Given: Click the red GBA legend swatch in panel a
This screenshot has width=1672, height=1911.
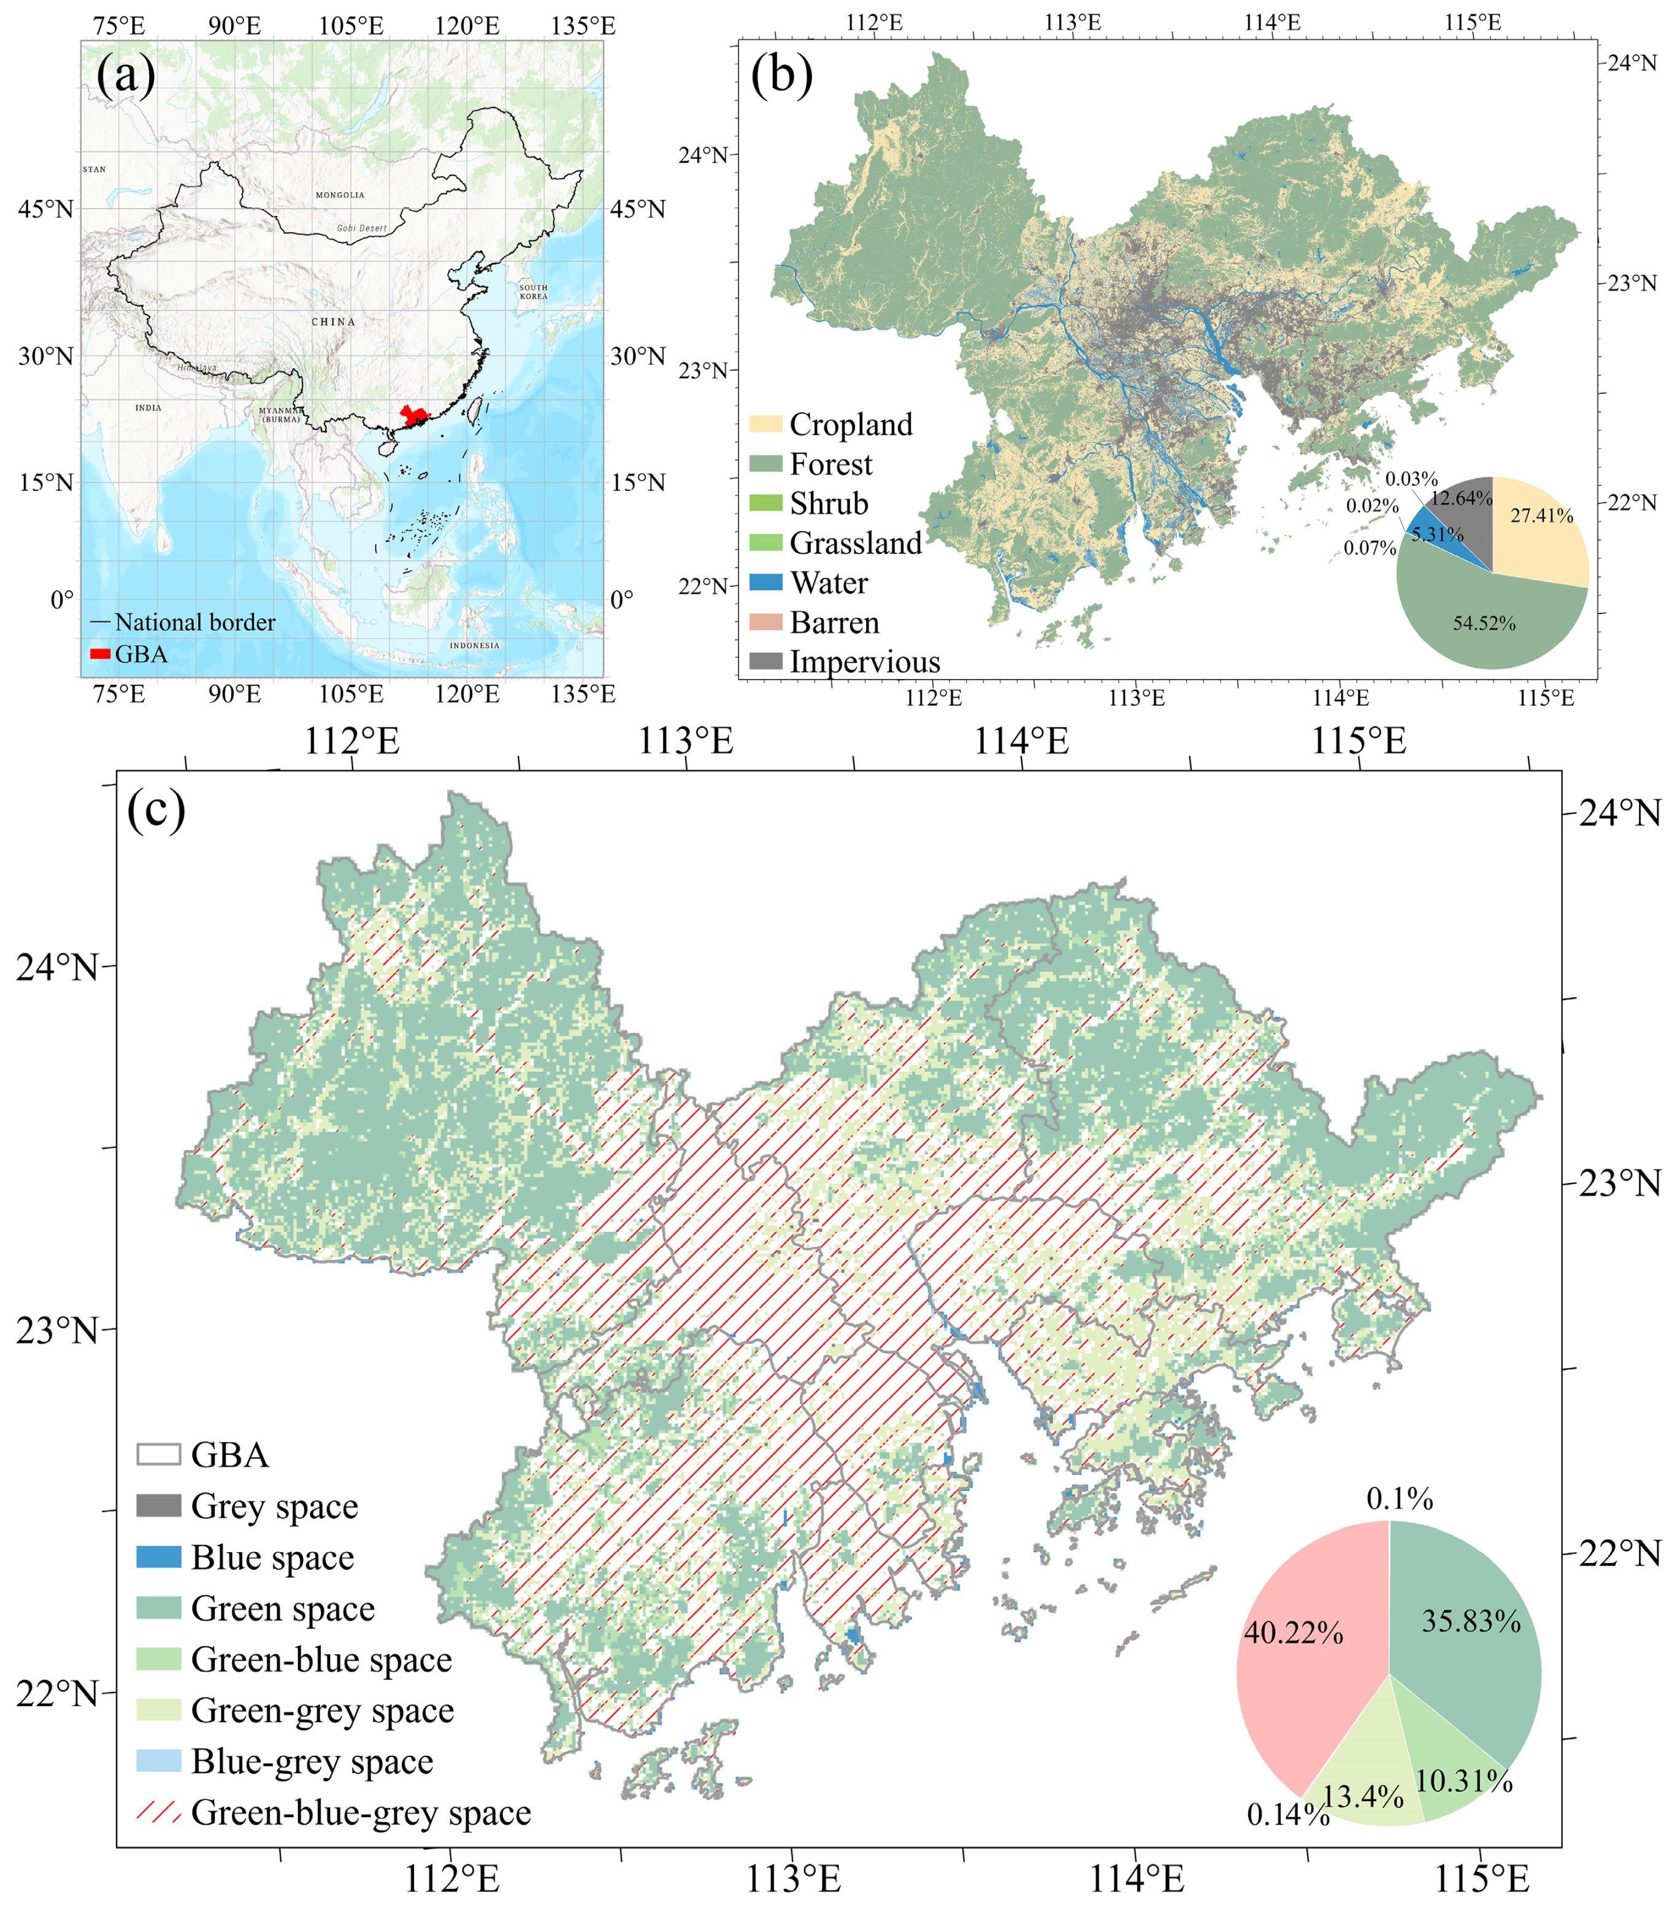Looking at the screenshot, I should [x=100, y=654].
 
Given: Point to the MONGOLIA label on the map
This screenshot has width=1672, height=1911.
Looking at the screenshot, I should [x=340, y=195].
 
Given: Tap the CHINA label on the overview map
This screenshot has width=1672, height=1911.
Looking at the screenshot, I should [x=333, y=322].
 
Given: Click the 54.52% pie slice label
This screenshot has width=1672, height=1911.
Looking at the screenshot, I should [x=1484, y=623].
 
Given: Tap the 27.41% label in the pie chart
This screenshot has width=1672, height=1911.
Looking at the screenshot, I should [x=1541, y=516].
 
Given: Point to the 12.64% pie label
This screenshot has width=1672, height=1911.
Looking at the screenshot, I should [x=1461, y=498].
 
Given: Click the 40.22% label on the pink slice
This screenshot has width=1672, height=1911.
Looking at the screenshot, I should [x=1293, y=1633].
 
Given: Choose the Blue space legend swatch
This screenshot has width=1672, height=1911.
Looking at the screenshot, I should [x=159, y=1556].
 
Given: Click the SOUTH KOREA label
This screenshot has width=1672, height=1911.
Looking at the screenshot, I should [x=534, y=292].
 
